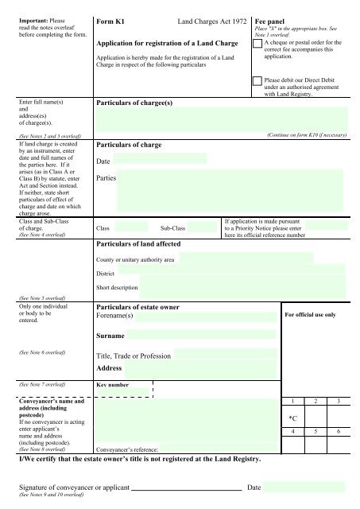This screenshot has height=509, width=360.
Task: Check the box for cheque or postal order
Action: point(256,45)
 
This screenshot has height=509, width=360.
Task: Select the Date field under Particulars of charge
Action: point(159,161)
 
